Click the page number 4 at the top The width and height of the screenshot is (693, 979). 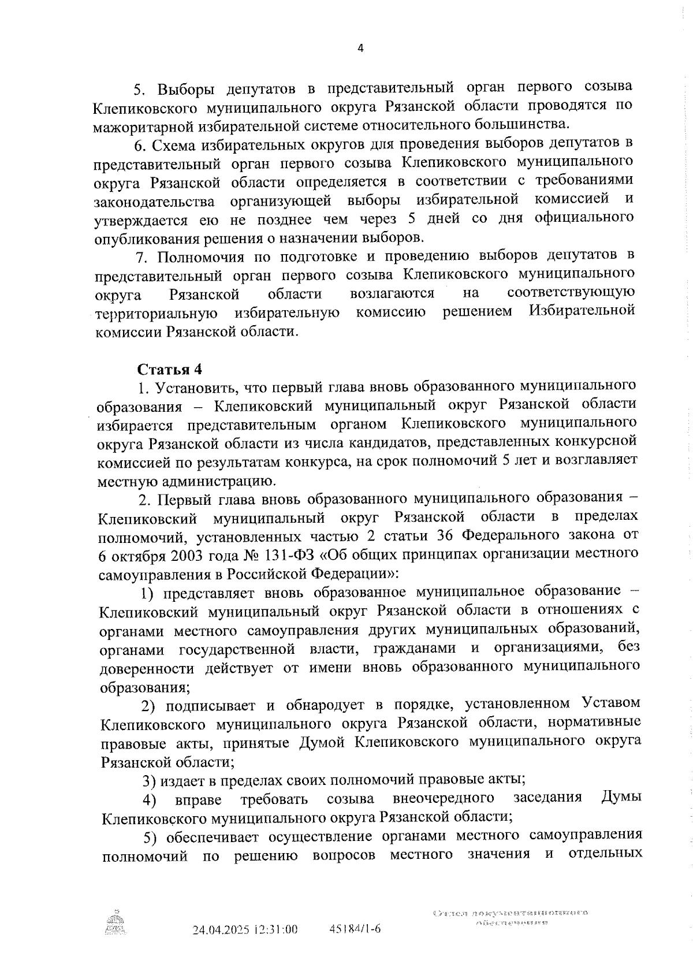360,50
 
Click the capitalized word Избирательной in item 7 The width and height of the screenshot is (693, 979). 582,311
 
